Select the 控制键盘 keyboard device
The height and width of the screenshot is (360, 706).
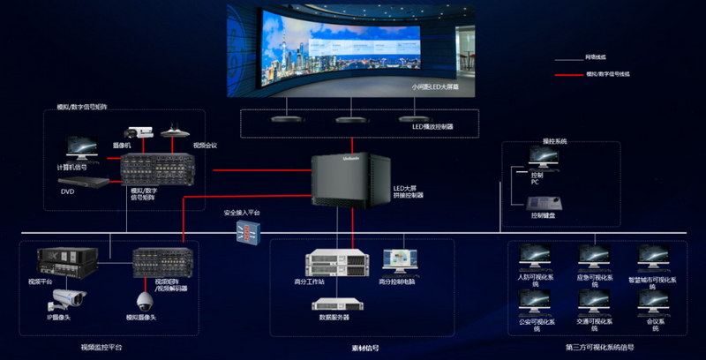[x=537, y=202]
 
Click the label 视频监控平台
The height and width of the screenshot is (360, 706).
[x=101, y=348]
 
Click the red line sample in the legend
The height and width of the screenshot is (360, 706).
[x=569, y=75]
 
